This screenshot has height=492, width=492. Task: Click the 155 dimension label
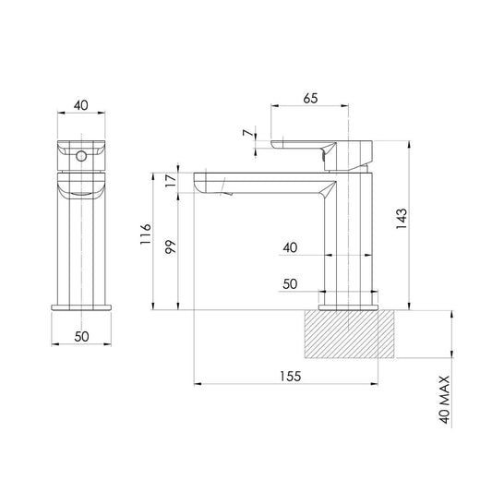click(x=290, y=376)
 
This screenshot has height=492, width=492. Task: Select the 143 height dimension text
click(x=402, y=219)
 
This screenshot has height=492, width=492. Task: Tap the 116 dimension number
click(x=146, y=234)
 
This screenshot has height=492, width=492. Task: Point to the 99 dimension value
click(x=171, y=247)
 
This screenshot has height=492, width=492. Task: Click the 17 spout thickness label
click(x=171, y=181)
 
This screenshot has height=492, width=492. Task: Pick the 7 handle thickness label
click(x=248, y=133)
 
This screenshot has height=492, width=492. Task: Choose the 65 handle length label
click(x=310, y=98)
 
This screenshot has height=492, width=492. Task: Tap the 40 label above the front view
click(x=81, y=105)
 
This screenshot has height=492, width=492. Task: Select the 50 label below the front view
click(x=81, y=337)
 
